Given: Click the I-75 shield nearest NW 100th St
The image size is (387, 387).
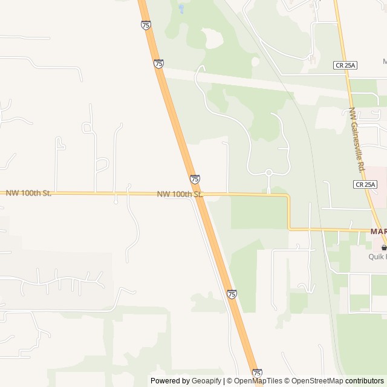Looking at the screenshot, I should coord(195,179).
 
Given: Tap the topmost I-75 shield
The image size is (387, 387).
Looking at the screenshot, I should coord(146,25).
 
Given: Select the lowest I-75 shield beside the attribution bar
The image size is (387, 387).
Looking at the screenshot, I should coord(257,373).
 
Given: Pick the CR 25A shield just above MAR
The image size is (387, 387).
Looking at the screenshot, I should coord(366,184).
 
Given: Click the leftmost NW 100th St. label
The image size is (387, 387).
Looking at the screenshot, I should coord(29,193).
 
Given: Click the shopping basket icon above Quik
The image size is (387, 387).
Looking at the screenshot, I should coord(383,247).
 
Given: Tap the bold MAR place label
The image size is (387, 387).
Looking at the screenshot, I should coord(379,232).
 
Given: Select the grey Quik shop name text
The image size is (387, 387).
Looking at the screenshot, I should coord(378,256).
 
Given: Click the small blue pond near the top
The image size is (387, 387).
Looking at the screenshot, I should coord(181,9).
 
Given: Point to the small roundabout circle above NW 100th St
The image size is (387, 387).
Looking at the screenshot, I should coord(268,174).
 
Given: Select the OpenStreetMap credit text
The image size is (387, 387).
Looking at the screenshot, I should coord(316,381).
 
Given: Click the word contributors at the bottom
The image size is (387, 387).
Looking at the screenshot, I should coord(365,381).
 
